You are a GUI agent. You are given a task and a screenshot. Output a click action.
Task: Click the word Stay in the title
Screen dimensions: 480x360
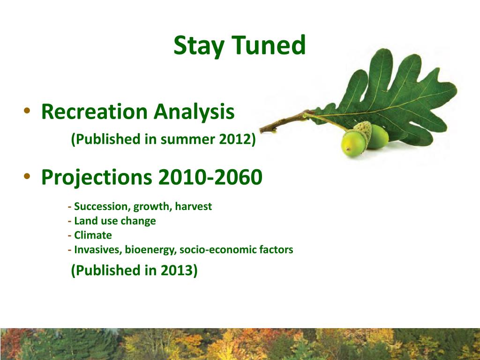click(x=199, y=45)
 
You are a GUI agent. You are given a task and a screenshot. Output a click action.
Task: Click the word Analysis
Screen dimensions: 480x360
click(x=194, y=112)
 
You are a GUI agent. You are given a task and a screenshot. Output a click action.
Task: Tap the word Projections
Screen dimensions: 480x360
click(x=97, y=178)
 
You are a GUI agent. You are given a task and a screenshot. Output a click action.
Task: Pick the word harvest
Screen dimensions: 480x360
click(x=193, y=206)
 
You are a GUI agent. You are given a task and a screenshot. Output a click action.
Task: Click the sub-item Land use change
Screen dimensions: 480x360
click(x=115, y=221)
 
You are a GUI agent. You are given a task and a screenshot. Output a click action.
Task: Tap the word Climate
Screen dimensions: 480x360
click(x=93, y=235)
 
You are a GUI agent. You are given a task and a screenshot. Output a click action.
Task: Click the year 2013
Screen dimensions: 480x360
click(x=179, y=270)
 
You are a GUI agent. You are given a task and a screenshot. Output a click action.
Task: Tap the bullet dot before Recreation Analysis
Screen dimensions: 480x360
click(x=27, y=110)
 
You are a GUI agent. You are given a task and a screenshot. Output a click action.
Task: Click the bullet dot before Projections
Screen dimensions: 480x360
click(x=27, y=176)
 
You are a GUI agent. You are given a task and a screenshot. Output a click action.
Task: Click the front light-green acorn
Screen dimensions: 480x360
click(x=354, y=143)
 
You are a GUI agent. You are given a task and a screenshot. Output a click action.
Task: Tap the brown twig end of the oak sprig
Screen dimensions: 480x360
click(x=262, y=130)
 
